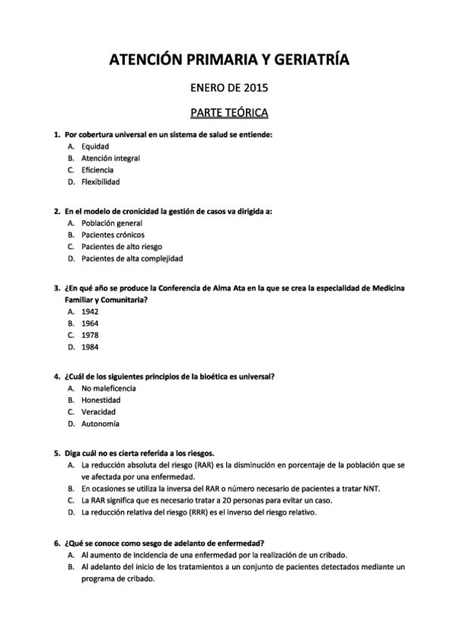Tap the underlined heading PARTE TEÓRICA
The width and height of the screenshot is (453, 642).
pyautogui.click(x=227, y=114)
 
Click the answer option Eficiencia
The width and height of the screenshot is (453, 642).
pyautogui.click(x=98, y=170)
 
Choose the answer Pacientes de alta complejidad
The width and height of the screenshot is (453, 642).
pyautogui.click(x=132, y=258)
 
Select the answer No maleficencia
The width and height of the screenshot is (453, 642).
pyautogui.click(x=110, y=388)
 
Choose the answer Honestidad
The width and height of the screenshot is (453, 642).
pyautogui.click(x=101, y=400)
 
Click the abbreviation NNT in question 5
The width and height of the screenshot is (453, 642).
pyautogui.click(x=371, y=488)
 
